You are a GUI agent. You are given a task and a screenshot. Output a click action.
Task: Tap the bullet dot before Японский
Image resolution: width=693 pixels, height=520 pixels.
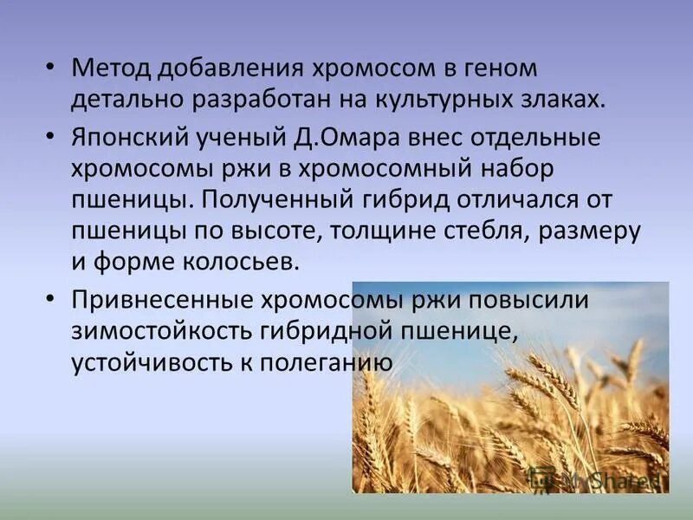[52, 137]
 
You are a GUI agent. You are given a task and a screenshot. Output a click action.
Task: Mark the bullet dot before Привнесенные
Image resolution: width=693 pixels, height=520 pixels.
[52, 300]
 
